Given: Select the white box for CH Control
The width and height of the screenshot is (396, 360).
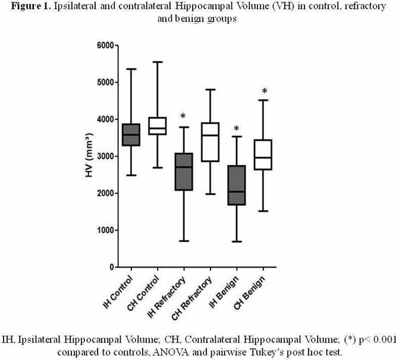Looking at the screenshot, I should [158, 126].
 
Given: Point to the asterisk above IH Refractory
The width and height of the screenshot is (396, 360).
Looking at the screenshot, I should [184, 117].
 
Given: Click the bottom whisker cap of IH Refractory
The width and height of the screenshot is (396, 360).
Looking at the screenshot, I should [184, 241].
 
